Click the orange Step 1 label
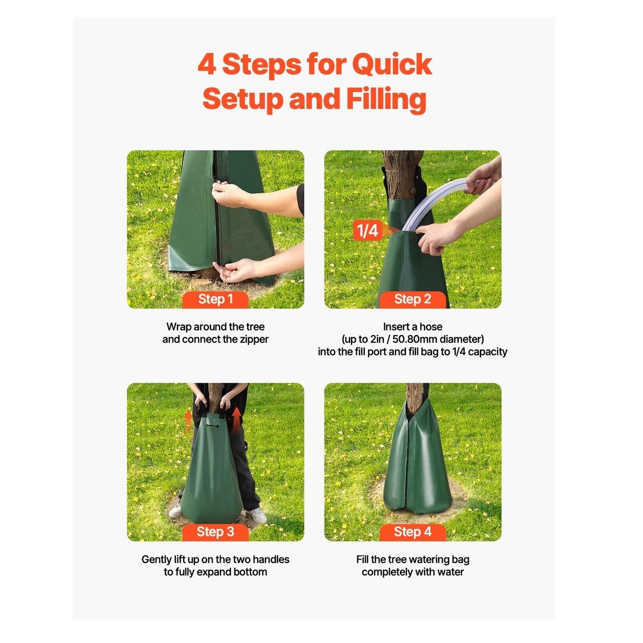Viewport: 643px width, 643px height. click(x=215, y=299)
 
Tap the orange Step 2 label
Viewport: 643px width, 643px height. click(x=412, y=299)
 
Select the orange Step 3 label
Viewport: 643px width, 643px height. click(x=215, y=532)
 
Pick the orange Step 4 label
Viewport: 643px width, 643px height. click(x=412, y=532)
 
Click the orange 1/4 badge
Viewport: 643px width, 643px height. click(x=367, y=230)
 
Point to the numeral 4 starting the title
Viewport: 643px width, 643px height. click(x=206, y=64)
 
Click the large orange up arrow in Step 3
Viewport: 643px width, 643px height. click(x=237, y=418)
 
